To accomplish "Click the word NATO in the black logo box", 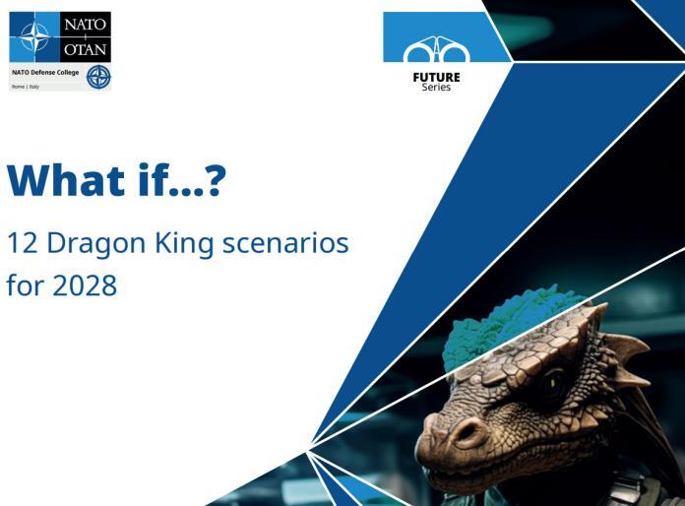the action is click(86, 24).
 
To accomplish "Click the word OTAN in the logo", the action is click(86, 49).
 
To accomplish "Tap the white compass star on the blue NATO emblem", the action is click(35, 36).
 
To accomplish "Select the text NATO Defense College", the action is click(45, 73).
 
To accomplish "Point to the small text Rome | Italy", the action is click(26, 87).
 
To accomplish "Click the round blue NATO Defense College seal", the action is click(98, 78).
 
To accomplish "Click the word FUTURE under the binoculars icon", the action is click(436, 78).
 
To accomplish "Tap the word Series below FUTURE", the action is click(436, 87).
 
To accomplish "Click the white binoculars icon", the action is click(436, 50).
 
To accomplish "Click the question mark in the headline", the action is click(215, 179).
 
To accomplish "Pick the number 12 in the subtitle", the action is click(23, 243).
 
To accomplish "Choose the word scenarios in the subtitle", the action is click(285, 243).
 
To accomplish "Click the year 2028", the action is click(85, 285).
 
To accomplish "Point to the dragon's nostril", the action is click(467, 431).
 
